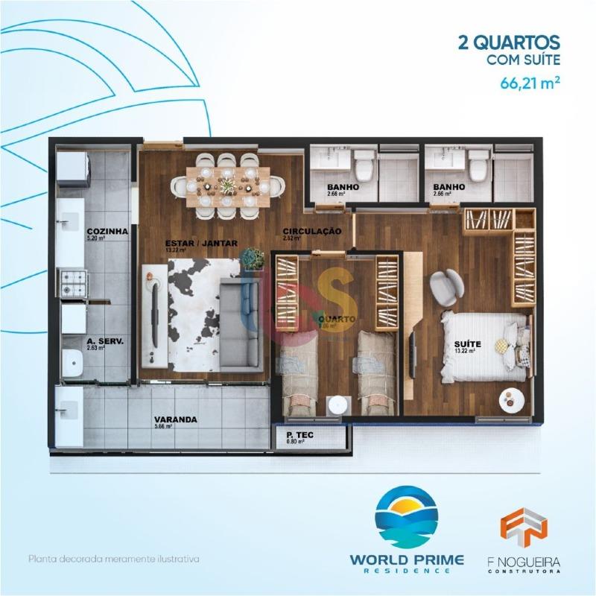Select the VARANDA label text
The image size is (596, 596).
[x=175, y=419]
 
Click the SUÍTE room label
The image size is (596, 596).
[x=468, y=344]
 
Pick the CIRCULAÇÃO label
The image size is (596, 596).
[x=312, y=232]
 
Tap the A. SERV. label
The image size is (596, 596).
[x=104, y=341]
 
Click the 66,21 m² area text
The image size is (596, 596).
[x=530, y=82]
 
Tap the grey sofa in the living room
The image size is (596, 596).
[x=240, y=325]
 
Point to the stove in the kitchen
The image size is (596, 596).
[x=75, y=282]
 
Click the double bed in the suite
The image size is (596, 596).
[x=484, y=346]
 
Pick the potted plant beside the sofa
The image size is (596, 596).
[x=253, y=258]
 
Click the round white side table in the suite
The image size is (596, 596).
[x=513, y=401]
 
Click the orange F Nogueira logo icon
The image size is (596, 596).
[x=524, y=524]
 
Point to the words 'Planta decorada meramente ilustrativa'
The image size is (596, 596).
[x=114, y=558]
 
